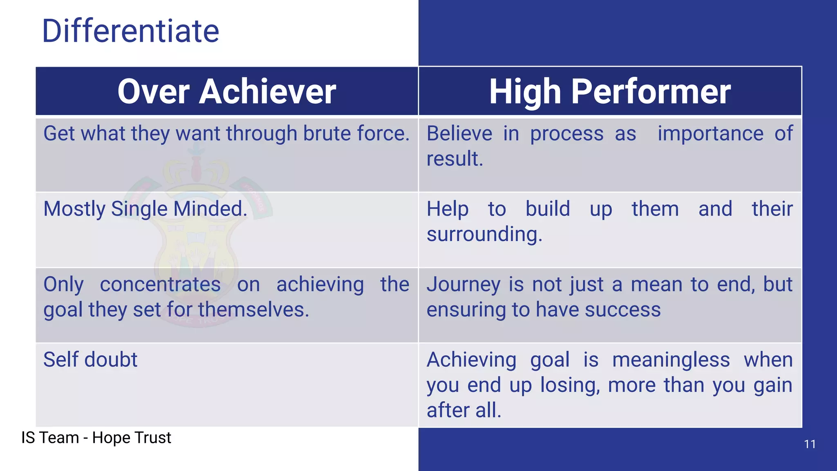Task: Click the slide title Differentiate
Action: (x=130, y=31)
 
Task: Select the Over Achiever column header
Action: (x=226, y=92)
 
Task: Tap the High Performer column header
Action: (x=610, y=92)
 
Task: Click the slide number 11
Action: (x=810, y=444)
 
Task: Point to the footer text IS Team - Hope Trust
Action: (x=96, y=437)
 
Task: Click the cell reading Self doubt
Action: (x=90, y=360)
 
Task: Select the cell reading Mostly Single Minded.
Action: (x=145, y=209)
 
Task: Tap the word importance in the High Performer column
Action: (x=710, y=134)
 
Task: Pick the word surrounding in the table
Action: (x=484, y=234)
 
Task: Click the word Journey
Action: (x=463, y=285)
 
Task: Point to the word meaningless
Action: (x=671, y=360)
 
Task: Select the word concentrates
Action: (x=160, y=285)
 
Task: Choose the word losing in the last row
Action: (x=570, y=385)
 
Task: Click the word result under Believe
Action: (x=454, y=159)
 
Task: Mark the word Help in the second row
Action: (x=448, y=209)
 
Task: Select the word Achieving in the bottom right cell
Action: (x=472, y=360)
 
